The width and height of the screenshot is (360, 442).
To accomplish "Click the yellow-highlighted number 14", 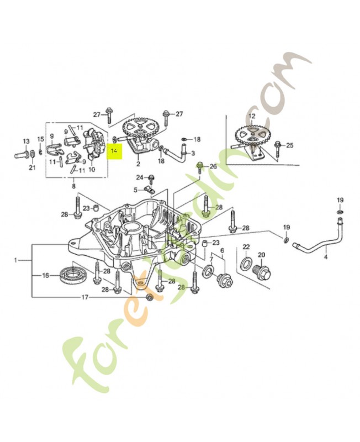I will point(115,150).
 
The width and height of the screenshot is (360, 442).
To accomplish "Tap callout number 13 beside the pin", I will point(25,141).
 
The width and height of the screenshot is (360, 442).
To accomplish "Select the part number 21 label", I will point(31,167).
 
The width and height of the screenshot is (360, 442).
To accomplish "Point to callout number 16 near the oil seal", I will point(46,275).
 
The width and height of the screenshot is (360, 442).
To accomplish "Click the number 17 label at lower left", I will point(84,298).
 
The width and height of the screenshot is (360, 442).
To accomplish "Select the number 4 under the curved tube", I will point(325,257).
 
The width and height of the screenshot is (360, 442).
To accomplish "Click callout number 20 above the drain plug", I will point(261,255).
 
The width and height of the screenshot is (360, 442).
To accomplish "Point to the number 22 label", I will point(246,246).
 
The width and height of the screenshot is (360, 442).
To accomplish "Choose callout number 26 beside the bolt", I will point(213,166).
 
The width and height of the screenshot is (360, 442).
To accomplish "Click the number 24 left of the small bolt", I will point(140,177).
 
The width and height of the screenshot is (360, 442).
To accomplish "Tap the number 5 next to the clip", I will point(135,190).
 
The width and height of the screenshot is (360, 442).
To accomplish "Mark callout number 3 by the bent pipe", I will point(193,153).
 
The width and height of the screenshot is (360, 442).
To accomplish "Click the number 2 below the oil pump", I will point(138,164).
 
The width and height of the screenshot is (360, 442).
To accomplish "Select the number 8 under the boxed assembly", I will point(74,187).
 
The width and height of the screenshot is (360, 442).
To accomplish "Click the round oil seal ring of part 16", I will point(72,273).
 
